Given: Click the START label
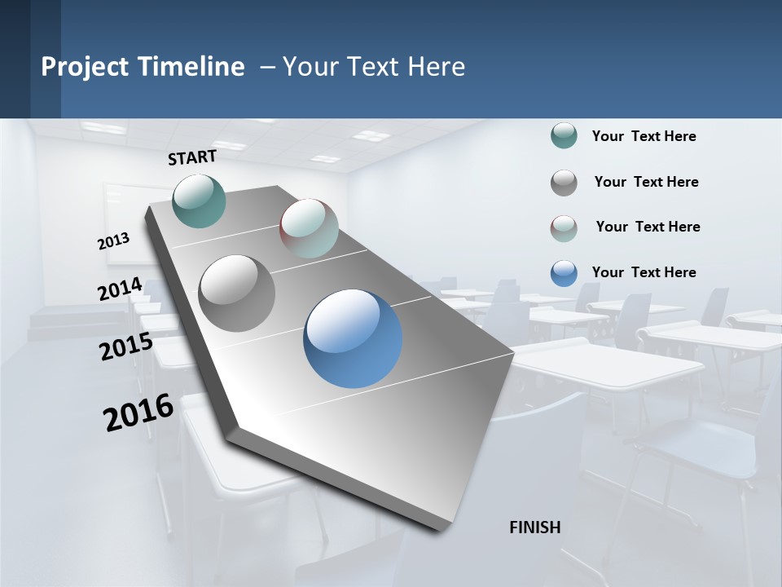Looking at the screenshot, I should (192, 157).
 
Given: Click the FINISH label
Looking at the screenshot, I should (535, 527).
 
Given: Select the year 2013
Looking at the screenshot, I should (114, 241).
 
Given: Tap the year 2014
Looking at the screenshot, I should (121, 289).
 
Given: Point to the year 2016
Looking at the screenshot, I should (138, 413).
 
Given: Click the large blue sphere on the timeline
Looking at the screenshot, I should (353, 338).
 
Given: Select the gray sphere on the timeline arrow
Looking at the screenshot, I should (237, 293).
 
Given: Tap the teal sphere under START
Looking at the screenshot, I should (200, 201).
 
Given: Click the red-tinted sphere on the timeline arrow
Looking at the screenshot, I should (310, 228).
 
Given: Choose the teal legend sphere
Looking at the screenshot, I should (564, 136).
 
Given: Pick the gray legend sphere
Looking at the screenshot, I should (564, 183).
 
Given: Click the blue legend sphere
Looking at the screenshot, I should (564, 273).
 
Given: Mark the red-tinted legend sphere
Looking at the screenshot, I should (564, 228).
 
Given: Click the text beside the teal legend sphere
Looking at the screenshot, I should (644, 136).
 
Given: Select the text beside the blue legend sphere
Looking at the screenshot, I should (644, 272).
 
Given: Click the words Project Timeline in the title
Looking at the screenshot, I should (143, 67).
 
